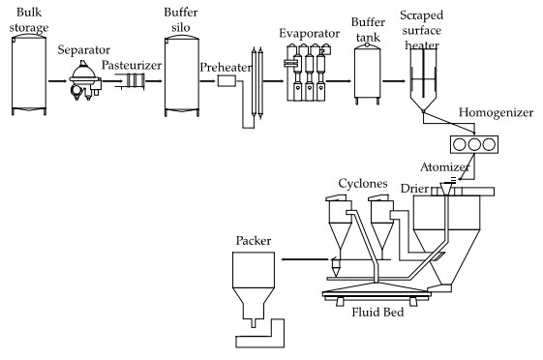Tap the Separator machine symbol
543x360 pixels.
85,80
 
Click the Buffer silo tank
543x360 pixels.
182,75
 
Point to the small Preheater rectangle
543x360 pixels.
226,81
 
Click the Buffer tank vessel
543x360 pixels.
368,74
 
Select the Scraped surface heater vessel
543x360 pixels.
423,79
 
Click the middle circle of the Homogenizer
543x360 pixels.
474,145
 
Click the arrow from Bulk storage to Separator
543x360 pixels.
57,81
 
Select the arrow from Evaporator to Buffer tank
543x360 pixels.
339,81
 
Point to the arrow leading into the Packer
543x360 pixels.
304,259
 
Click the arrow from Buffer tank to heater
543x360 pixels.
394,81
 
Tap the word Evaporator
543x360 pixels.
309,34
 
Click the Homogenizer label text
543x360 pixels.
496,112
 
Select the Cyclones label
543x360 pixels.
363,183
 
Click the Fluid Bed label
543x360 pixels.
377,313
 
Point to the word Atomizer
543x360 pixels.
445,167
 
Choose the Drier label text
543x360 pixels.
414,189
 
